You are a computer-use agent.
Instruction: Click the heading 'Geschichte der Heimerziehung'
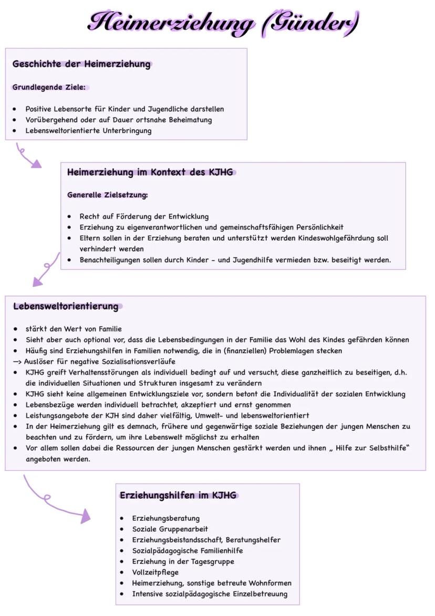[x=81, y=64]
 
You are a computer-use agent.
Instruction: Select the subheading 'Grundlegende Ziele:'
[x=49, y=87]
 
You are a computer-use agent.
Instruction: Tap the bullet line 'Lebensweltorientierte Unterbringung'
[x=88, y=130]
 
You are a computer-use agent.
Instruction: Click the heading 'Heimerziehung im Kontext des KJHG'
[x=150, y=172]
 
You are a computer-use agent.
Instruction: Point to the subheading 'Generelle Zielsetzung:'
[x=107, y=195]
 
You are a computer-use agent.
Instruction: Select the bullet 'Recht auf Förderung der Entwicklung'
[x=144, y=216]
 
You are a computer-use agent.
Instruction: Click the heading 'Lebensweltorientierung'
[x=66, y=306]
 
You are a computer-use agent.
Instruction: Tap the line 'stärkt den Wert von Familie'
[x=74, y=329]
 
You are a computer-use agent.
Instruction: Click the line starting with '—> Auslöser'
[x=95, y=361]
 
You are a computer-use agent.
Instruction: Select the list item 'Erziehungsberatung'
[x=165, y=518]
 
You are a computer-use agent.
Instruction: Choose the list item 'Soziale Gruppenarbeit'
[x=170, y=529]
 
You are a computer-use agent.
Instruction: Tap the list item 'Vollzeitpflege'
[x=155, y=572]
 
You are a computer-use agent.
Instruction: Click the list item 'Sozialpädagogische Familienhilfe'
[x=187, y=551]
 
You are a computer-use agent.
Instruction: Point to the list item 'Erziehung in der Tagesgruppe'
[x=183, y=561]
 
